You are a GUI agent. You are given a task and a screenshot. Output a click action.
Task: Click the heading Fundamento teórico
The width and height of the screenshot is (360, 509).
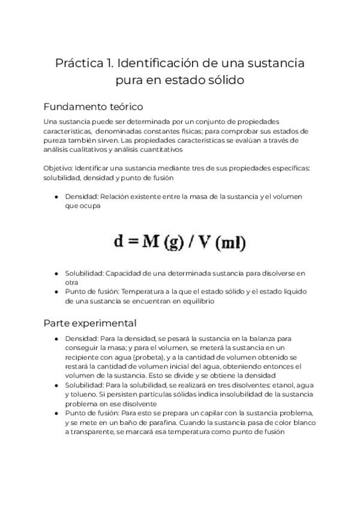93,107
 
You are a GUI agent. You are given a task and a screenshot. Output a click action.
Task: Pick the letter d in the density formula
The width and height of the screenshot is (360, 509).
119,242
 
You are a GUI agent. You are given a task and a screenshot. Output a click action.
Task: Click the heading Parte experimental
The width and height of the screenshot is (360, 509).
90,323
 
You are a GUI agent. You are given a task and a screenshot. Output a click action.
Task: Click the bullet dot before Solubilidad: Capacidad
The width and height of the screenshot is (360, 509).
56,273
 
